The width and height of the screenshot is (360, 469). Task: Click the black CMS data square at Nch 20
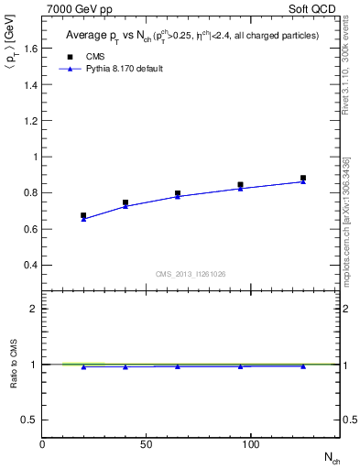point(83,216)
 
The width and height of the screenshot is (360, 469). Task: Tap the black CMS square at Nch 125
point(303,179)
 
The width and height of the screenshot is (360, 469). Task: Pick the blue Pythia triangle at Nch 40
point(125,206)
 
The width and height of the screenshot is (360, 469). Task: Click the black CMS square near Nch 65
point(178,193)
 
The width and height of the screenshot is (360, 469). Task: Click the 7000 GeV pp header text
point(74,9)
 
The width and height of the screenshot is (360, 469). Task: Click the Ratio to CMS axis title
point(14,364)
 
